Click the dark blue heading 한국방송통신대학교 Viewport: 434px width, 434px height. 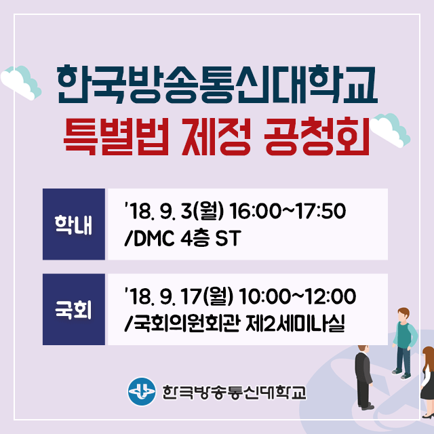tap(218, 84)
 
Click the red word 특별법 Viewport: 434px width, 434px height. tap(117, 136)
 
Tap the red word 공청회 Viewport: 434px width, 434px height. tap(317, 136)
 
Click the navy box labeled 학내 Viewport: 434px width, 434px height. tap(74, 224)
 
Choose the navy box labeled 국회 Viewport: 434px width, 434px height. tap(74, 309)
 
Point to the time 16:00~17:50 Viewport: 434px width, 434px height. tap(288, 211)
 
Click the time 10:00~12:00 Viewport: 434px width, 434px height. tap(298, 296)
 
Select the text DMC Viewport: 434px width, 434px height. tap(154, 238)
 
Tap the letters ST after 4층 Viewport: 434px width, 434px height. tap(229, 238)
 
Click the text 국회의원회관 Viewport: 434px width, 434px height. tap(186, 323)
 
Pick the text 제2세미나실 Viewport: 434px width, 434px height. tap(296, 323)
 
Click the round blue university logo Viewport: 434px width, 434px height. tap(142, 391)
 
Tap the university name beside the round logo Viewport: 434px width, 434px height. tap(234, 392)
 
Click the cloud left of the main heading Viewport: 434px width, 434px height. tap(21, 83)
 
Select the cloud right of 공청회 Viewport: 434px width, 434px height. tap(391, 130)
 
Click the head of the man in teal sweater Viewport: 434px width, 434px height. tap(403, 315)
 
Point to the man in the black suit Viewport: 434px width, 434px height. tap(363, 377)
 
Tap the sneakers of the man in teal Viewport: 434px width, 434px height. tap(402, 374)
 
